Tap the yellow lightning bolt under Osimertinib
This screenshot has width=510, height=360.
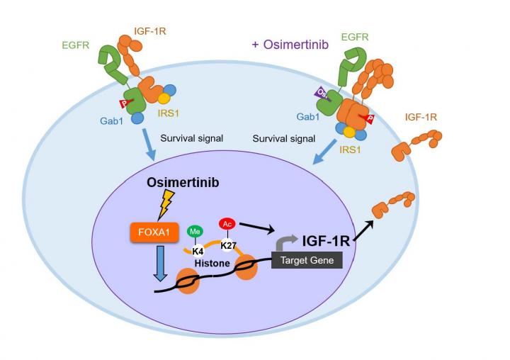[x=171, y=205]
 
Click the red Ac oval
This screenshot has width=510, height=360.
[x=227, y=224]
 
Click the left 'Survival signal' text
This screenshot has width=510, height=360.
[x=192, y=138]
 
